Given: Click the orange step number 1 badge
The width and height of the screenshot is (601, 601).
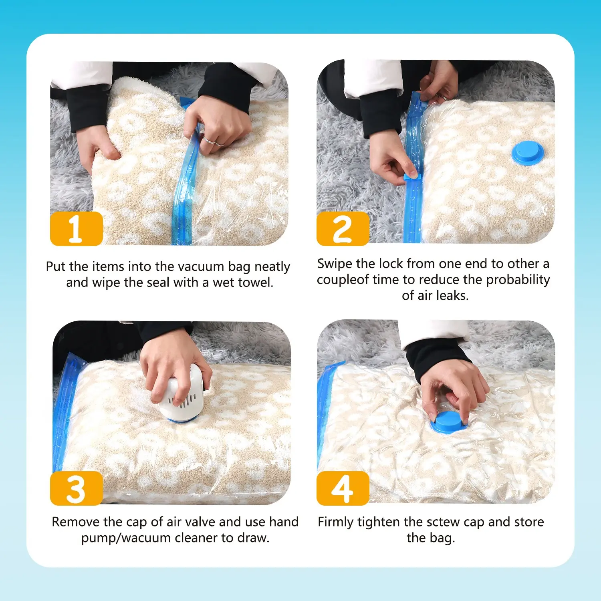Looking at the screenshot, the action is [x=76, y=228].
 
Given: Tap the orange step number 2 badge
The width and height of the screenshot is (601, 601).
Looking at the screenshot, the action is [x=343, y=228].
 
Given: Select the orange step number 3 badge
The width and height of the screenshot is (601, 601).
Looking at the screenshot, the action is [x=76, y=488].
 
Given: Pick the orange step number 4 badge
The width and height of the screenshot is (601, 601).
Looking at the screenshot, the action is [x=343, y=488].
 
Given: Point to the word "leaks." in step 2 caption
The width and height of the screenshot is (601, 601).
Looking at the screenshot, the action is [x=452, y=295].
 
